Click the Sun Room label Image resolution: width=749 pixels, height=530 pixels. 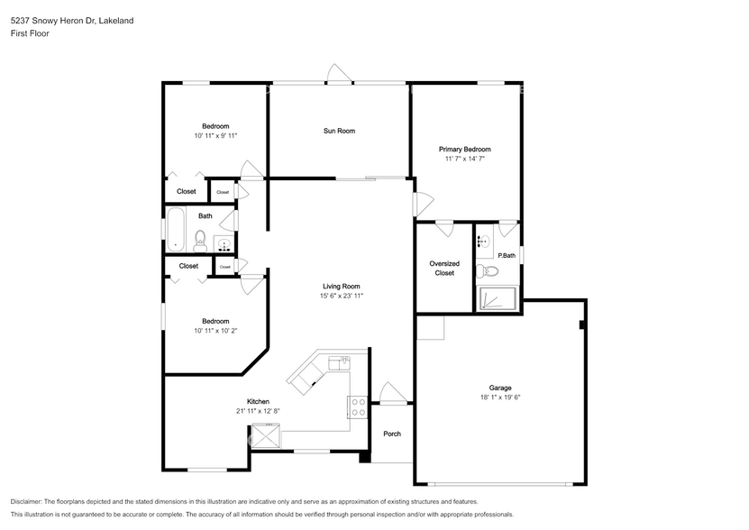coord(339,131)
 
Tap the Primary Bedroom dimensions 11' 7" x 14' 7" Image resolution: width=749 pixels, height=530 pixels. coord(464,159)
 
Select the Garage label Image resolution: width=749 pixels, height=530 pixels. coord(500,388)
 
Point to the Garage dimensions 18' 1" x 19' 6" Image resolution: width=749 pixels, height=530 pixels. coord(500,397)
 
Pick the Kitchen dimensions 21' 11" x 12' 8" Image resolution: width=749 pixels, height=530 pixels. coord(258,411)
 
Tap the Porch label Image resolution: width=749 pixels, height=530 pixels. coord(392,434)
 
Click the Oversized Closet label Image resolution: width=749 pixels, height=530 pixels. coord(444,268)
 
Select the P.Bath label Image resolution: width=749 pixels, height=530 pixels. coord(507,255)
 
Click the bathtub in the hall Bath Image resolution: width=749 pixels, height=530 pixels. coord(175,231)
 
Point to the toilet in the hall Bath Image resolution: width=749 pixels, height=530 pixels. coord(200,240)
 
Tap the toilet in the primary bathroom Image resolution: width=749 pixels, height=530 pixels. coord(481,269)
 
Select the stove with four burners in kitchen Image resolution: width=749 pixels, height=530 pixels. coord(358,407)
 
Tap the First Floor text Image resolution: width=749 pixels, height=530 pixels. coord(30,33)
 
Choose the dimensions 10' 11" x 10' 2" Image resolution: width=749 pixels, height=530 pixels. coord(215,331)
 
